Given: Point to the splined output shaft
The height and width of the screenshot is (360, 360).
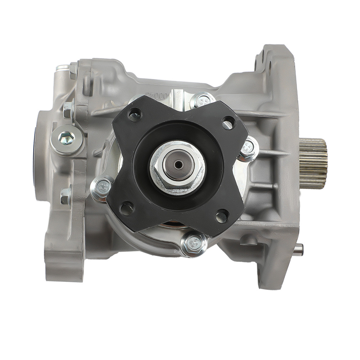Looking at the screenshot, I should tap(313, 164).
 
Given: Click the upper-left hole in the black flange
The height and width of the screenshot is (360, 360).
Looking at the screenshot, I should tap(134, 116).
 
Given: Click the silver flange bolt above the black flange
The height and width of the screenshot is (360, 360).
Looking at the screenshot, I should tap(203, 100).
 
